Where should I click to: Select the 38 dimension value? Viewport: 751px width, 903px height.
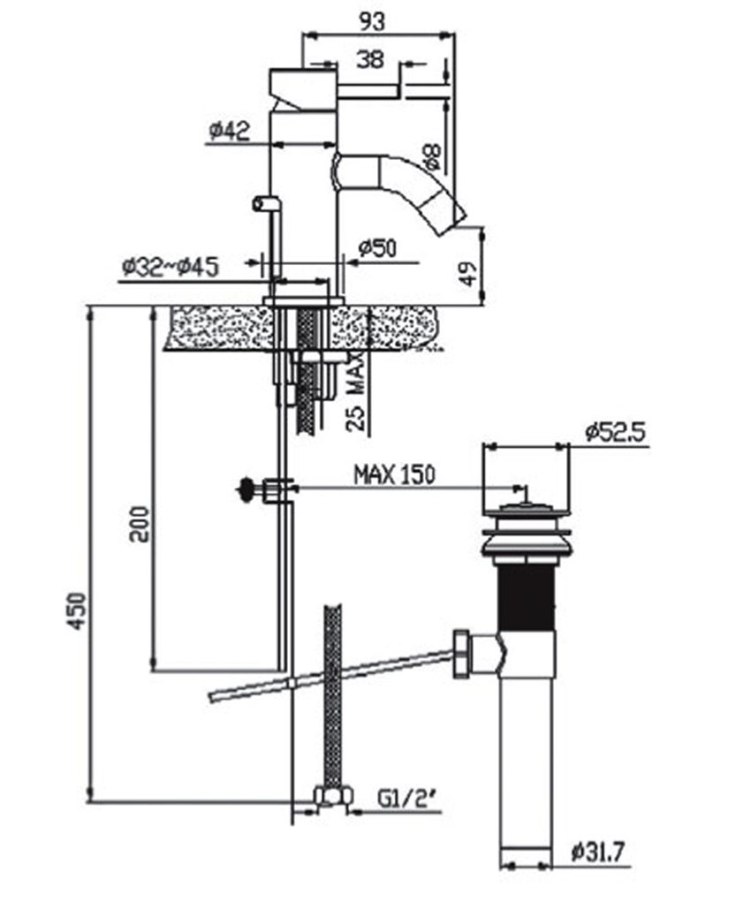coord(371,60)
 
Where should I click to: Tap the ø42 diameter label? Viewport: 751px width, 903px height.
coord(229,132)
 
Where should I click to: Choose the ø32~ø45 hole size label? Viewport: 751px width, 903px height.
coord(171,265)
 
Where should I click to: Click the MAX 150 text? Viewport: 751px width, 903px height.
coord(394,474)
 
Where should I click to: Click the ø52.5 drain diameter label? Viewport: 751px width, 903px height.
coord(616,432)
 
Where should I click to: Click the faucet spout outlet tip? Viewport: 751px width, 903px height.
coord(457,209)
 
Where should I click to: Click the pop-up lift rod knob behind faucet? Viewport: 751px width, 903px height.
coord(260,203)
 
